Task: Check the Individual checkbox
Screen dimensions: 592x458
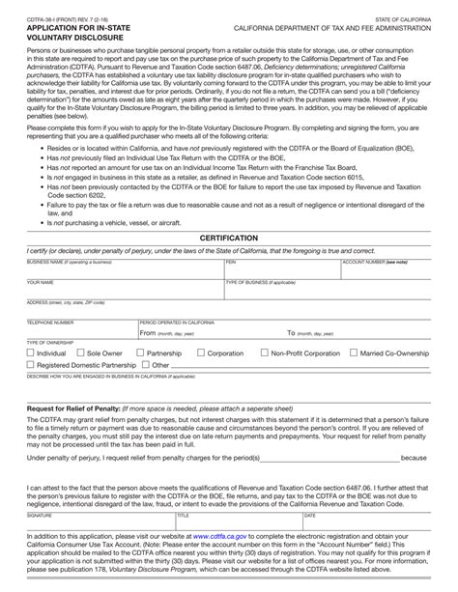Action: [30, 353]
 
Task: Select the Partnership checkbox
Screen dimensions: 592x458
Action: [139, 353]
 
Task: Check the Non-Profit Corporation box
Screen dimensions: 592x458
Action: [263, 353]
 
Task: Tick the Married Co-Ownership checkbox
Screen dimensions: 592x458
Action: [353, 353]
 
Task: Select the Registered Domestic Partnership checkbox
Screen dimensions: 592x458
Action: [30, 366]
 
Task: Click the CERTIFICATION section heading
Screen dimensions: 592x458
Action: [228, 237]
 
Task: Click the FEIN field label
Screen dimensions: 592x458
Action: [231, 262]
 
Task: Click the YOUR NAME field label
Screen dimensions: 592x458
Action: [41, 282]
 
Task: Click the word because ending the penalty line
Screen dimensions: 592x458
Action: [413, 458]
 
